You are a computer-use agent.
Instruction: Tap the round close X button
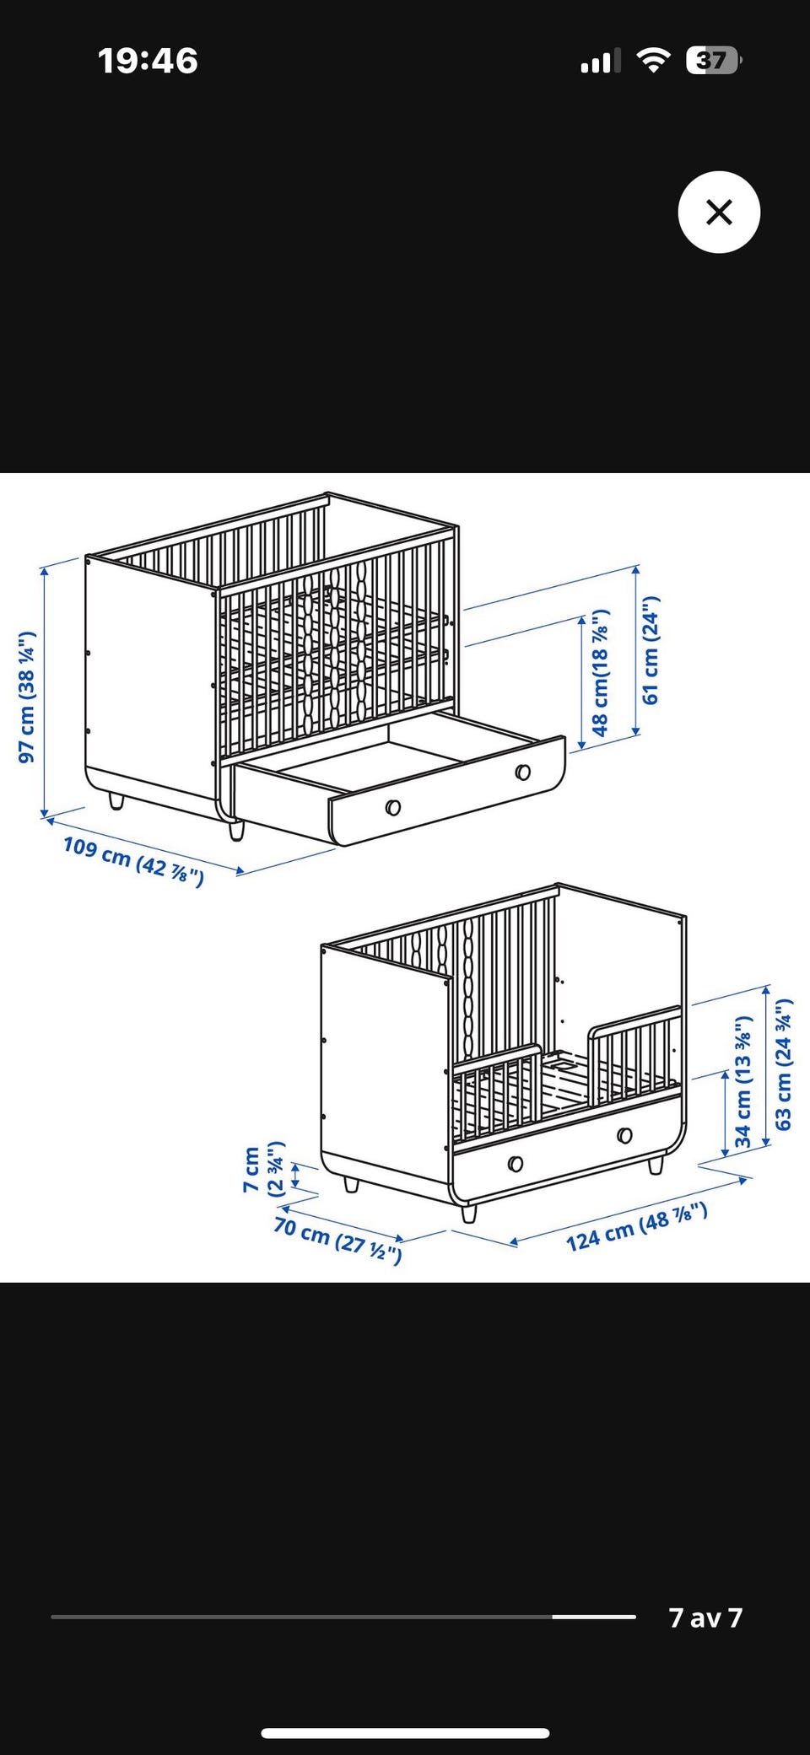coord(719,212)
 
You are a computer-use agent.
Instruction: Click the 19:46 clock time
coord(148,61)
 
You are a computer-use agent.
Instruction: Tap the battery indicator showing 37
coord(713,61)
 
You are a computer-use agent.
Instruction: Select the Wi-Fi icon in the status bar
coord(652,60)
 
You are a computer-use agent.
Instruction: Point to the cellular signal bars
coord(600,61)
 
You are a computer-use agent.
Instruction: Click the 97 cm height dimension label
coord(27,697)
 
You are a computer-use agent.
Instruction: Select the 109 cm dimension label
coord(133,860)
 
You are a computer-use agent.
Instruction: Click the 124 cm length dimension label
coord(636,1227)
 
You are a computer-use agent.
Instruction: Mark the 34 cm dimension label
coord(742,1082)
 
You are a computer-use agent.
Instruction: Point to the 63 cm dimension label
coord(784,1064)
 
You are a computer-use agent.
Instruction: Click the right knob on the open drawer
coord(523,772)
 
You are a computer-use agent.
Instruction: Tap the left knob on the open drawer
coord(392,808)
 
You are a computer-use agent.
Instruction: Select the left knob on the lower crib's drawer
coord(516,1164)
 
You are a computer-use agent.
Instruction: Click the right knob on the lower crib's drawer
coord(624,1135)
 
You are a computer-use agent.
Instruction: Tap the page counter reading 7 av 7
coord(705,1617)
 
